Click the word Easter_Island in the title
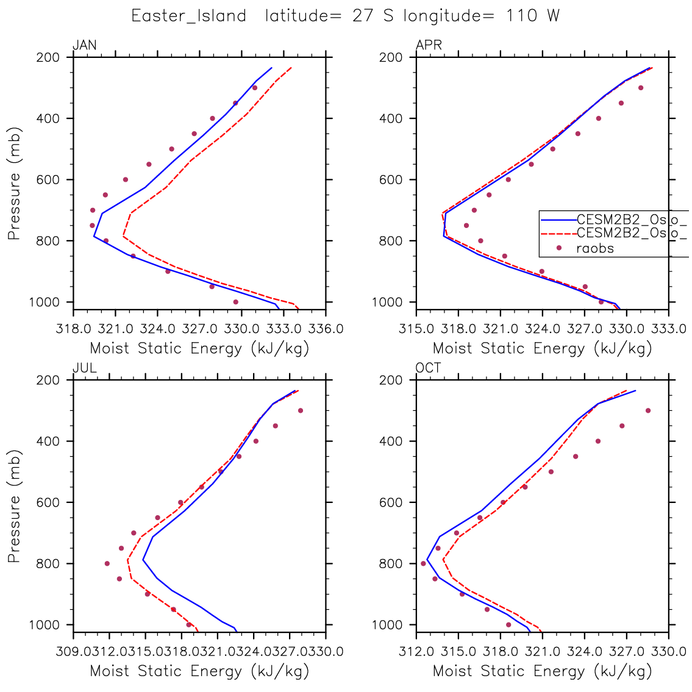click(189, 16)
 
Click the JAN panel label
click(85, 45)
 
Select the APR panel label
click(429, 45)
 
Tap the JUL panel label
click(85, 368)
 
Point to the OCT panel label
click(429, 368)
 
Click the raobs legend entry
click(594, 248)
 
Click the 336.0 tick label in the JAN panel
click(326, 329)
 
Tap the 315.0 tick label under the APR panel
click(416, 329)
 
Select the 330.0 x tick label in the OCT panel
click(669, 652)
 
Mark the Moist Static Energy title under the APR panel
click(542, 349)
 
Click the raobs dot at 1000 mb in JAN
click(236, 302)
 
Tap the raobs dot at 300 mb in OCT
click(648, 410)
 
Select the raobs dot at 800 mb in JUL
click(107, 563)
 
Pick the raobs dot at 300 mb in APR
click(641, 88)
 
